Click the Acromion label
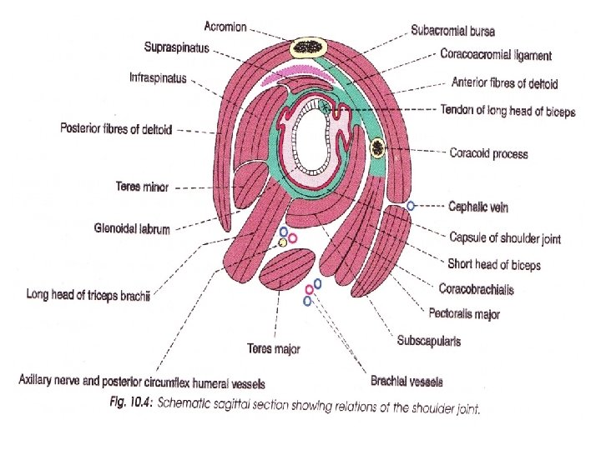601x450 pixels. [223, 26]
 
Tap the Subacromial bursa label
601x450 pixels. [452, 31]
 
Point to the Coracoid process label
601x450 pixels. [488, 152]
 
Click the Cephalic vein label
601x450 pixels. [478, 207]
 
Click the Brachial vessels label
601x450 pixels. [407, 382]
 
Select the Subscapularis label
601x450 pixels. [429, 340]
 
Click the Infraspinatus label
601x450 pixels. [158, 78]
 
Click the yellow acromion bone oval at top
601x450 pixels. [309, 47]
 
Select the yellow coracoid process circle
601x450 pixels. [378, 148]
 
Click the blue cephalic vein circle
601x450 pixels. [410, 205]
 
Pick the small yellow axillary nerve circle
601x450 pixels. [283, 242]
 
